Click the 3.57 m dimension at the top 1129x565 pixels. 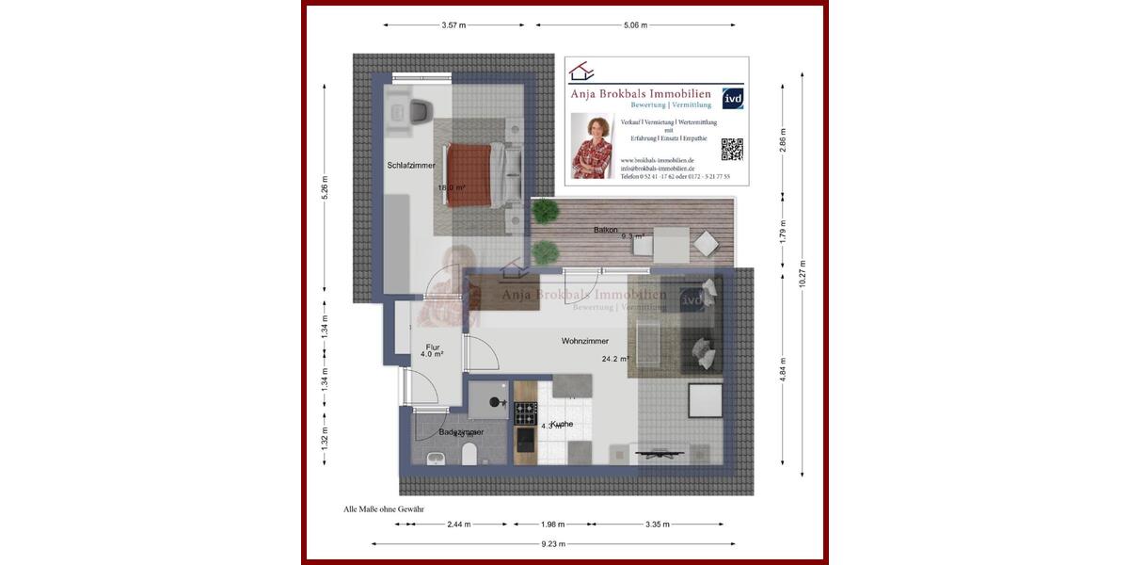click(454, 25)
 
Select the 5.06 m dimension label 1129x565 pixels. click(635, 25)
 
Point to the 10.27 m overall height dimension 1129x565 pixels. click(802, 272)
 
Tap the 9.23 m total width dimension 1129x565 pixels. click(553, 543)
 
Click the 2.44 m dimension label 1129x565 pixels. click(458, 525)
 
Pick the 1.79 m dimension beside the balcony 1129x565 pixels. click(783, 231)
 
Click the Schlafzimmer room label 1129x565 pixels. click(411, 166)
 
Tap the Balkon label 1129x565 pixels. click(605, 230)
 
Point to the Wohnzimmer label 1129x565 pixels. click(584, 341)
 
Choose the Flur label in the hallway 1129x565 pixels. click(433, 347)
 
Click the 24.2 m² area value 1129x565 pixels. click(615, 359)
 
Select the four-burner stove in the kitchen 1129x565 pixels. click(525, 411)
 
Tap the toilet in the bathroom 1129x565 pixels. click(469, 456)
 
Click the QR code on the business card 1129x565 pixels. click(731, 149)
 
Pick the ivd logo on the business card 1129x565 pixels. click(731, 98)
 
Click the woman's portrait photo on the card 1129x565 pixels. click(593, 146)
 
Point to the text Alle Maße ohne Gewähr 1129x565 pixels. click(384, 508)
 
